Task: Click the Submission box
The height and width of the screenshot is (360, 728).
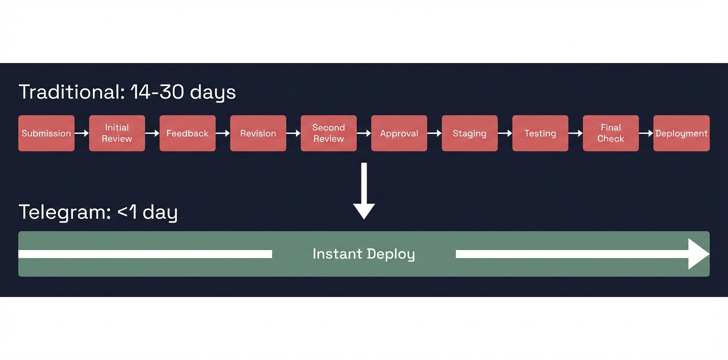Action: pyautogui.click(x=46, y=133)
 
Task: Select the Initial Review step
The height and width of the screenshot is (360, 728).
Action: pyautogui.click(x=117, y=133)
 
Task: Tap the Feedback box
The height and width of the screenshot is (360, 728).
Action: pyautogui.click(x=187, y=133)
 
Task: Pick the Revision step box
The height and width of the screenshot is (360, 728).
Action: pyautogui.click(x=258, y=133)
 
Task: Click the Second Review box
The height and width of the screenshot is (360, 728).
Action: pyautogui.click(x=328, y=133)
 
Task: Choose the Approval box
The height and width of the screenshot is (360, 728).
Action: pyautogui.click(x=399, y=133)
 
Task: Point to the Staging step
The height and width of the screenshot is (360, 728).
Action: pyautogui.click(x=469, y=133)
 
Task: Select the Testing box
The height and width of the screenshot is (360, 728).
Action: pyautogui.click(x=540, y=133)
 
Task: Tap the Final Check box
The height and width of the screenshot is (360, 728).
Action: pyautogui.click(x=610, y=133)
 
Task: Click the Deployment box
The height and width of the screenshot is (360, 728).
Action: pyautogui.click(x=681, y=133)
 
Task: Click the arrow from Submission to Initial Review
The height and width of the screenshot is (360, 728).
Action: pyautogui.click(x=82, y=133)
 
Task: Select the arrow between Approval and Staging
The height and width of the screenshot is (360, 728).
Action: pyautogui.click(x=434, y=133)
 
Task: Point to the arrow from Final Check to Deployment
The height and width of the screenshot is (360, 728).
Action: pyautogui.click(x=646, y=133)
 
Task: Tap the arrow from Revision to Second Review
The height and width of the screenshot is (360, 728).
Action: pyautogui.click(x=293, y=133)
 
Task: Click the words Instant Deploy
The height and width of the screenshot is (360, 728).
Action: pyautogui.click(x=363, y=254)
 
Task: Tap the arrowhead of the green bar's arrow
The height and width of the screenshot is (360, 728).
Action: pyautogui.click(x=698, y=254)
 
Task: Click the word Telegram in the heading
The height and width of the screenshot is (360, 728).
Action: pyautogui.click(x=62, y=212)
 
